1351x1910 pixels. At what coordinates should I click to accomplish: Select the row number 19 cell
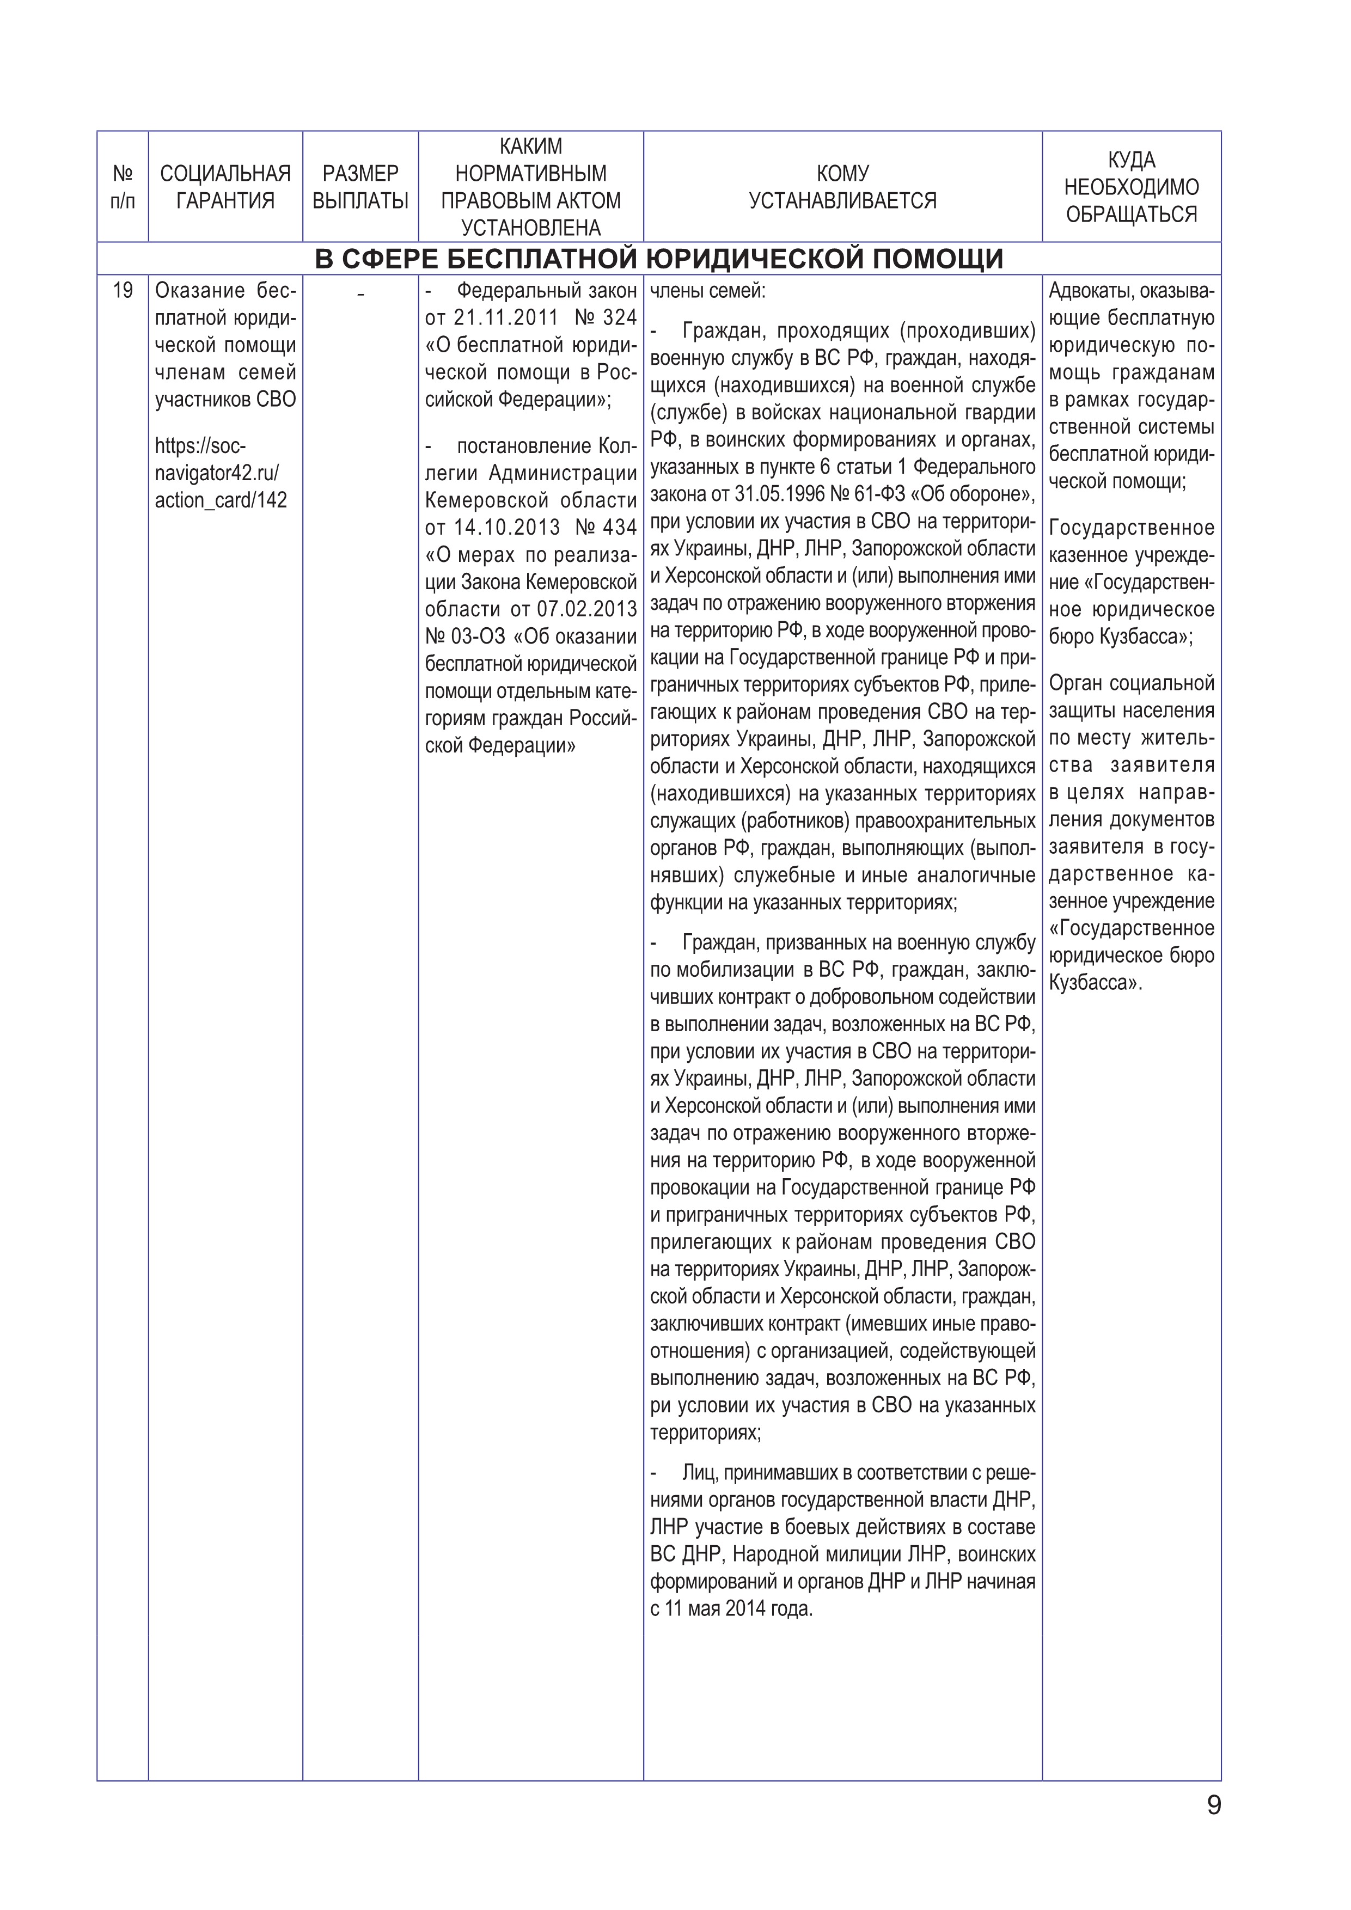123,290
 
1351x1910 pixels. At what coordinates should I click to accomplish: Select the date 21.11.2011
506,318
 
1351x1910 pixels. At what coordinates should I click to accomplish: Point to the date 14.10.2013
506,528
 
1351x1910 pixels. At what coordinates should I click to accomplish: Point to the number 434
619,528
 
